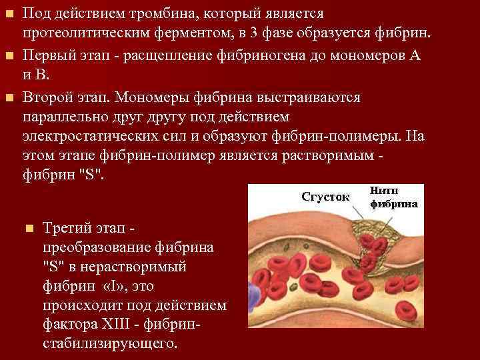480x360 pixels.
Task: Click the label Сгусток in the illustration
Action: pos(326,197)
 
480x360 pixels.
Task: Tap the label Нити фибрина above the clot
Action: pos(394,198)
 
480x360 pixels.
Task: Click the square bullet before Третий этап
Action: pos(28,228)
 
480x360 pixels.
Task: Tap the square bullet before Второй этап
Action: pos(8,98)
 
